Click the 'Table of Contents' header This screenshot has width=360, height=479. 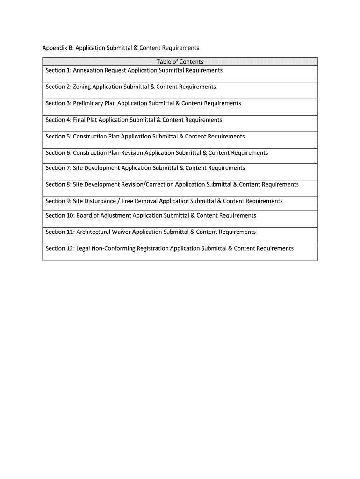pyautogui.click(x=180, y=62)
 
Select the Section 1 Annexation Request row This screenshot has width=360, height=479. pyautogui.click(x=134, y=70)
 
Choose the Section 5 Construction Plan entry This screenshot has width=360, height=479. pyautogui.click(x=145, y=137)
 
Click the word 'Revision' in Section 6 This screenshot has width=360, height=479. pyautogui.click(x=132, y=153)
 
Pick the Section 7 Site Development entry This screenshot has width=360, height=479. pyautogui.click(x=145, y=168)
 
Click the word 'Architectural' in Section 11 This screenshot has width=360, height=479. pyautogui.click(x=94, y=232)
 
